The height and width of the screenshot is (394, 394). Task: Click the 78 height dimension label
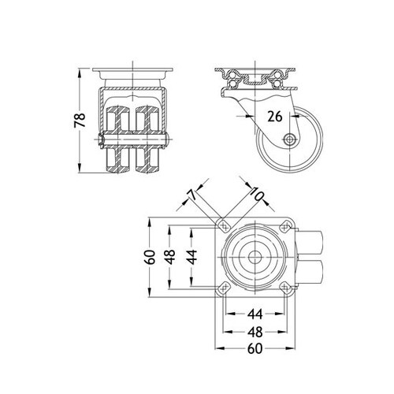[80, 120]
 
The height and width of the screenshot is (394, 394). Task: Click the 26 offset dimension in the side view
[275, 116]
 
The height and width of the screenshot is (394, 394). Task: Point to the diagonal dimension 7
[192, 195]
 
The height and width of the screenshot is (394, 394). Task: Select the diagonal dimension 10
[256, 195]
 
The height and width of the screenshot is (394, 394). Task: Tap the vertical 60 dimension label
[150, 257]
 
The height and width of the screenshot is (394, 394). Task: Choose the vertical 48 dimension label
[170, 257]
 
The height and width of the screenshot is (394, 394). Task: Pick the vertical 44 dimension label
[192, 257]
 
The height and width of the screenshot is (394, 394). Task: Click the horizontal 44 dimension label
[255, 314]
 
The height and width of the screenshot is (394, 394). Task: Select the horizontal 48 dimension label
[255, 332]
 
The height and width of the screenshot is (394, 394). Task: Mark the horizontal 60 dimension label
[255, 348]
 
